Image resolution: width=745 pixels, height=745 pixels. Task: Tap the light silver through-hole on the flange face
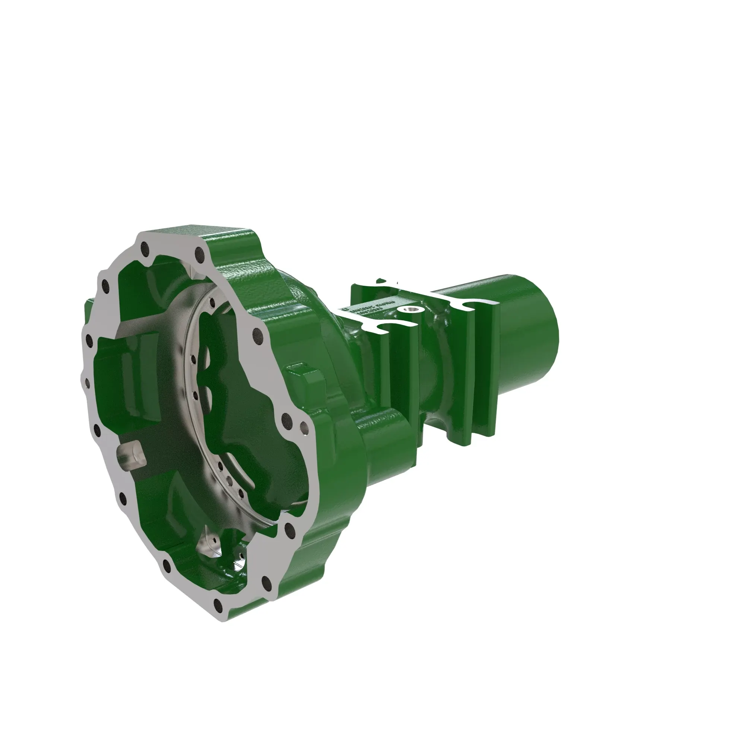[x=304, y=427]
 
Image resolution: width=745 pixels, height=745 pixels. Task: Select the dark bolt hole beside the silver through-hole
[x=286, y=418]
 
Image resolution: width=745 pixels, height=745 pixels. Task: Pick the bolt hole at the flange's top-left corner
[x=145, y=246]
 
